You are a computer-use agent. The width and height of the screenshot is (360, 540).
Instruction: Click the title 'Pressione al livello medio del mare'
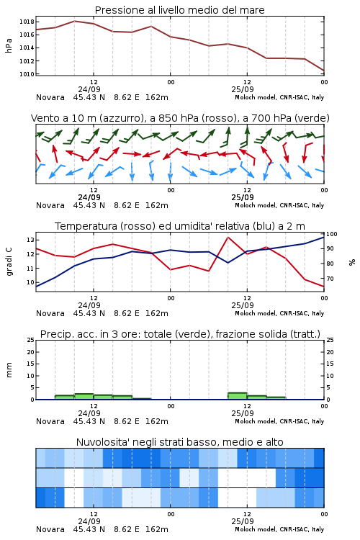coord(179,10)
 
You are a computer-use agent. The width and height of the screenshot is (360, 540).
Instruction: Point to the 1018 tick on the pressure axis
coord(27,22)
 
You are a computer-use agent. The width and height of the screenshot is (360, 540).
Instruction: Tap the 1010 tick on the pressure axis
coord(27,74)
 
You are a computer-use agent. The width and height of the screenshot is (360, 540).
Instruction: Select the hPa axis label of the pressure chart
coord(9,45)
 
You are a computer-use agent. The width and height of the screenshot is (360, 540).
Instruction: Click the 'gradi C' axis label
coord(9,262)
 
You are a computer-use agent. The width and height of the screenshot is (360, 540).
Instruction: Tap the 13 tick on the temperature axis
coord(31,240)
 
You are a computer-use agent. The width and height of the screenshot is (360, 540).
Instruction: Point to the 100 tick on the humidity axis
coord(332,234)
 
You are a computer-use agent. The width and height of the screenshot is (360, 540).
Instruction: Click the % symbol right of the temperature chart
coord(352,262)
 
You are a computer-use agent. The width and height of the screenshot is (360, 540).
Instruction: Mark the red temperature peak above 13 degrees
coord(228,237)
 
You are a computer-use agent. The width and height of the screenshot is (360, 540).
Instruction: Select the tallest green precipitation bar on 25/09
coord(238,396)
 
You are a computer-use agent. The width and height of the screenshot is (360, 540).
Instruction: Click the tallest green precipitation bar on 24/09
coord(84,397)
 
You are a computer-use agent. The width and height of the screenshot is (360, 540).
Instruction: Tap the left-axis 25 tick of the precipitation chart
coord(31,340)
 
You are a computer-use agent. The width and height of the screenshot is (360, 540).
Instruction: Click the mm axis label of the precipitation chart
coord(9,370)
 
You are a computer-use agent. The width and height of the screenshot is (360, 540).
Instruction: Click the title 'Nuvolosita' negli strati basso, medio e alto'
coord(179,442)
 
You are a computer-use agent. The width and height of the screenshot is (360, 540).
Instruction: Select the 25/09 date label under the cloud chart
coord(243,521)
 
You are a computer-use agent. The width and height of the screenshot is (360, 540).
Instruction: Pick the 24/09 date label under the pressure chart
coord(89,89)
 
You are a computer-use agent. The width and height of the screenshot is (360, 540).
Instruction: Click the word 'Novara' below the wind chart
coord(50,206)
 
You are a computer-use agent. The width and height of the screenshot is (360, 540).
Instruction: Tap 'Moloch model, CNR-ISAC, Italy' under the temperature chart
coord(279,313)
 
